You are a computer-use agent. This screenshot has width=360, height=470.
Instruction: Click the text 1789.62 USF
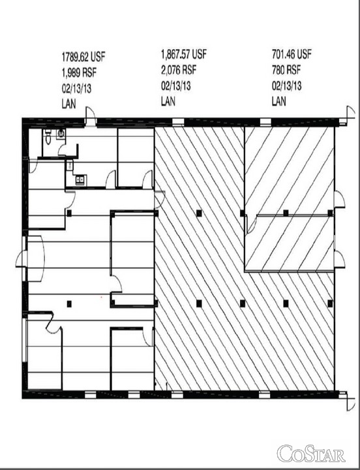coord(83,56)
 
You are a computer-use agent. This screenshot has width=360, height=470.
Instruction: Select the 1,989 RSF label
coord(79,72)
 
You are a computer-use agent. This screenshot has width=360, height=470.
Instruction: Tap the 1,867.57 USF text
coord(184,54)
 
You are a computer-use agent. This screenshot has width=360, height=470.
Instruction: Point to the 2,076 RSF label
coord(179,70)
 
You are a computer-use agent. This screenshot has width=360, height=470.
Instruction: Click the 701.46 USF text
coord(292,54)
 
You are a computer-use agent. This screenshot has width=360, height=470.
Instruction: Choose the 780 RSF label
coord(286,70)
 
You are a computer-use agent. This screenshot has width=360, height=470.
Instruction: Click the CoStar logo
coord(311,454)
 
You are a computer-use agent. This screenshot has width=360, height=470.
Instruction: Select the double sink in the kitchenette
coord(81,180)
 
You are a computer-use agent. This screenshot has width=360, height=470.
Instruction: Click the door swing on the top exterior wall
coord(90,116)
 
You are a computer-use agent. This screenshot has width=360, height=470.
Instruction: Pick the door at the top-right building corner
coord(349,114)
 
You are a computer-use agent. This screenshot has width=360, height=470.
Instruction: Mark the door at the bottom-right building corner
coord(349,401)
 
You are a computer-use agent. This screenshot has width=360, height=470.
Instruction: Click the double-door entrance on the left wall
coord(29,259)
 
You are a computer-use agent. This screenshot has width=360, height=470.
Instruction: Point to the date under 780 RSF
coord(286,86)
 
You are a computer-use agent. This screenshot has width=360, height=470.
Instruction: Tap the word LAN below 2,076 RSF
coord(168,101)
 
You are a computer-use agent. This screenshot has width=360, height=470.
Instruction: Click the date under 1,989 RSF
coord(76,89)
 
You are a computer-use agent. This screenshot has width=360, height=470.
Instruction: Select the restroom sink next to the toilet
coord(61,133)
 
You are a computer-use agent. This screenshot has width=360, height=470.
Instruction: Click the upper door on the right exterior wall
coord(339,199)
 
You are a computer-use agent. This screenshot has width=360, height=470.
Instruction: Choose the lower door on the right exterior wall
coord(339,259)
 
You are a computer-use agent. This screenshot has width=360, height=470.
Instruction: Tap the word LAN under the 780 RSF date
coord(279,101)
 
